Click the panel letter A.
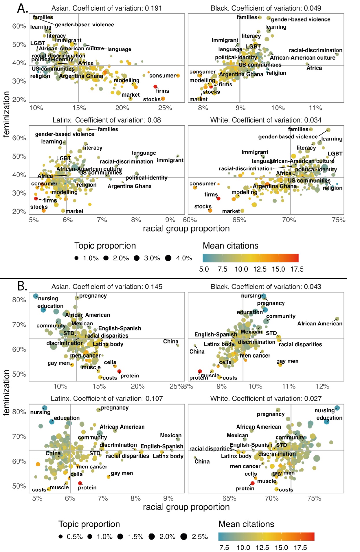pos(22,8)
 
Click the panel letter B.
pos(22,286)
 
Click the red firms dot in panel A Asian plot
pos(155,87)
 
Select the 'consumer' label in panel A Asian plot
pos(162,76)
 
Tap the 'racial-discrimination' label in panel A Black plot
pos(315,50)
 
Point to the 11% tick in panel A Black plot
pos(315,108)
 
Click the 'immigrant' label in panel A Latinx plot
pos(170,160)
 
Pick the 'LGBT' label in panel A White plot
pos(335,154)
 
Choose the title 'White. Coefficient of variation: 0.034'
pos(266,120)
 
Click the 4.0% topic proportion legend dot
pos(168,258)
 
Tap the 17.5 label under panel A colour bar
pos(297,269)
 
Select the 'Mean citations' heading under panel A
pos(230,246)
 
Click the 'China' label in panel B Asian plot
pos(170,341)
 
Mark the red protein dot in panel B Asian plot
pos(119,371)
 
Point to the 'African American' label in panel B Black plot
pos(319,323)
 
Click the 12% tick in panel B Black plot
pos(322,387)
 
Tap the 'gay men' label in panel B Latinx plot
pos(122,473)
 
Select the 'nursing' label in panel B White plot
pos(324,411)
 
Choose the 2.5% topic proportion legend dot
pos(183,537)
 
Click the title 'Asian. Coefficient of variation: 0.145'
pos(107,287)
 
